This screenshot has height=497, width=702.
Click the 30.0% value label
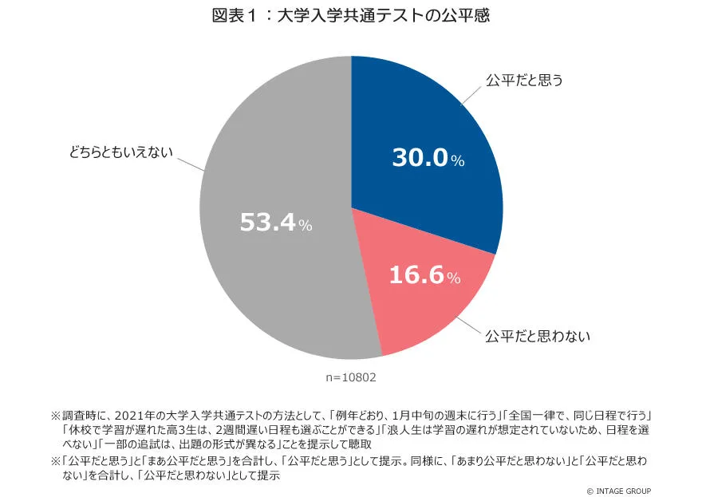tap(428, 158)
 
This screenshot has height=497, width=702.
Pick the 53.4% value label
tap(276, 223)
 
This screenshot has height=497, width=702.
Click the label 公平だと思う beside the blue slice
tap(524, 81)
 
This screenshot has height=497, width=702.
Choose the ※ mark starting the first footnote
tap(55, 415)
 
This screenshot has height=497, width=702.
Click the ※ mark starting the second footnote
tap(55, 461)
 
